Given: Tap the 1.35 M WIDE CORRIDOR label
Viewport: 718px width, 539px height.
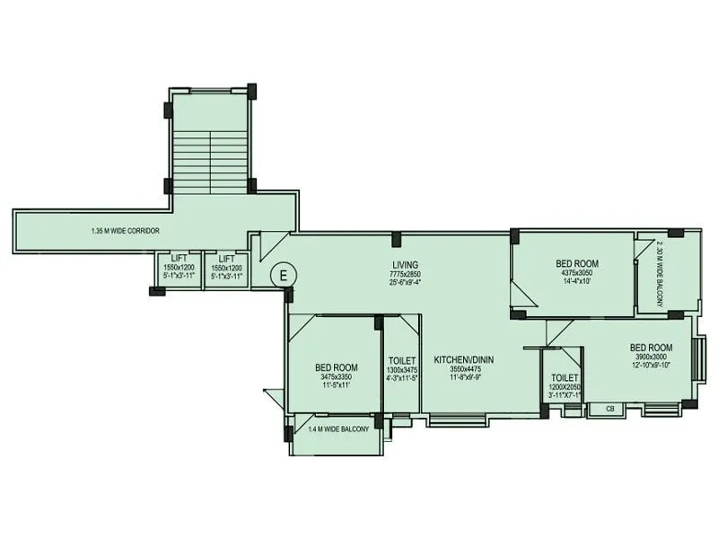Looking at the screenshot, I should coord(125,231).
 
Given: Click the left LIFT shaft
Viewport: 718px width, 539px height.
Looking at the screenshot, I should coord(179,269).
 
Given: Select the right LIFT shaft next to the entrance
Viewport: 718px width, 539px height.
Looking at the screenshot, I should coord(226,269).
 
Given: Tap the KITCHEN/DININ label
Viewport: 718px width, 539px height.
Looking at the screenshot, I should coord(464,359).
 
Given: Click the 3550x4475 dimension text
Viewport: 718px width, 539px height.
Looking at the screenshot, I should coord(464,368).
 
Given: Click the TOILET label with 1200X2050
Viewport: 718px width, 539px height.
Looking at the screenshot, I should coord(565,377).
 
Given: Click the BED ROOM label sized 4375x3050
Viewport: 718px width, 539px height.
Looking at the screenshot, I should coord(577,263).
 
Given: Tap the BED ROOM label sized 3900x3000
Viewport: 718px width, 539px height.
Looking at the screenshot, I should coord(651,347).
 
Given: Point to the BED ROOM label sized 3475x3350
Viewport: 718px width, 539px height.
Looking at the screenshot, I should coord(337,367).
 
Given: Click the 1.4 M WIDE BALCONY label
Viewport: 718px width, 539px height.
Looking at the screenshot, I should coord(338,429).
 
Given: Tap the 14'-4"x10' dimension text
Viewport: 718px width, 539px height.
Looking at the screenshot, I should coord(577,282).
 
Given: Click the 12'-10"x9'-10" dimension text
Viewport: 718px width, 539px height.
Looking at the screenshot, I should coord(651,366).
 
